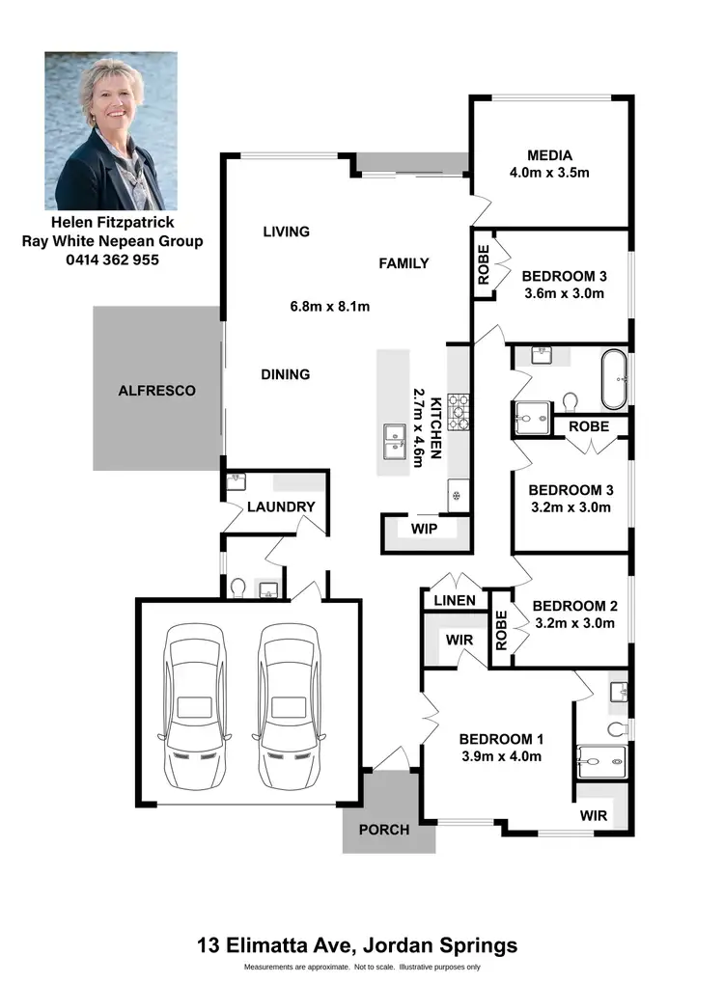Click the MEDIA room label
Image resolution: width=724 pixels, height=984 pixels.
(x=549, y=155)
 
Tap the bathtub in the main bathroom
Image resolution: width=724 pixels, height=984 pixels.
(x=614, y=381)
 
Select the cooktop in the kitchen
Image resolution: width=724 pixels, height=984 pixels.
(x=458, y=412)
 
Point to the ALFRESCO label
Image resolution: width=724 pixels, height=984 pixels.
(x=156, y=391)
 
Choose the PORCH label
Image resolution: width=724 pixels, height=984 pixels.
(x=383, y=830)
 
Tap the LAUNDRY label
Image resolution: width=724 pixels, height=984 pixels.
(x=281, y=506)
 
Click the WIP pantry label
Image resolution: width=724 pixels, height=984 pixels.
(x=425, y=530)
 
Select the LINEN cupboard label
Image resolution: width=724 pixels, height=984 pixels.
(x=454, y=601)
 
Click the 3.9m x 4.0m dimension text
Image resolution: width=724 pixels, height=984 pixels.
(x=501, y=756)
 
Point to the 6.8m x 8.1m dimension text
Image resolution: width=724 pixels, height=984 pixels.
(x=330, y=307)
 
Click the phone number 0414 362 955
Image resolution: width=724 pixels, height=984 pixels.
(x=112, y=260)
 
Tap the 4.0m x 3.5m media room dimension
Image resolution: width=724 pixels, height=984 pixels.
(x=549, y=173)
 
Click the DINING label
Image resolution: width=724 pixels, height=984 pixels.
(x=285, y=374)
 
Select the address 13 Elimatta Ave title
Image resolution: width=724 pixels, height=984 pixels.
(x=357, y=944)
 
